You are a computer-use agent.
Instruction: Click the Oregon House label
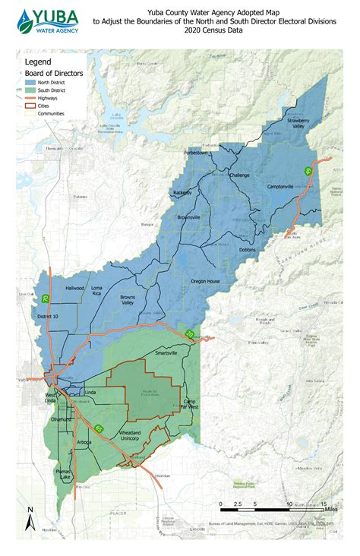pyautogui.click(x=205, y=281)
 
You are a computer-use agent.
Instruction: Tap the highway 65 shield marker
pyautogui.click(x=99, y=428)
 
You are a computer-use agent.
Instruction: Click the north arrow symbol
pyautogui.click(x=30, y=520)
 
